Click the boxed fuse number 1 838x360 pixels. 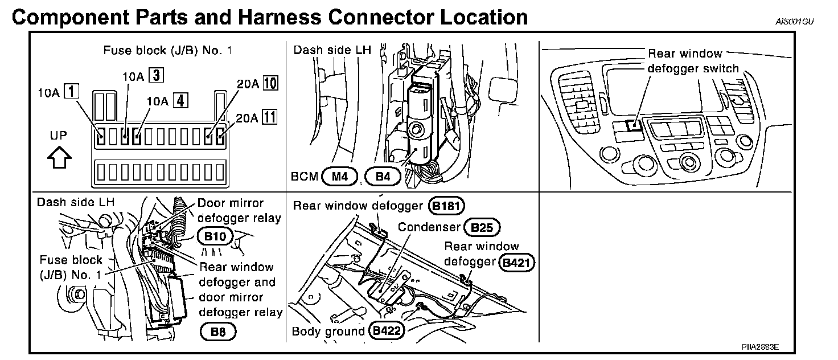[x=71, y=91]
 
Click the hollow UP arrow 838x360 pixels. [x=60, y=157]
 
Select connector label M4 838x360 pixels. [x=339, y=177]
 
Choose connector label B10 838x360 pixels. [x=213, y=235]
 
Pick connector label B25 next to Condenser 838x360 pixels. [x=482, y=228]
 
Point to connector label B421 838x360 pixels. [x=516, y=263]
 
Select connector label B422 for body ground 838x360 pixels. [x=387, y=331]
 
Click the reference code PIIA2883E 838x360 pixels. [x=759, y=347]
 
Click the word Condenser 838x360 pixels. [x=429, y=227]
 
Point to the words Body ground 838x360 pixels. [x=328, y=331]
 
